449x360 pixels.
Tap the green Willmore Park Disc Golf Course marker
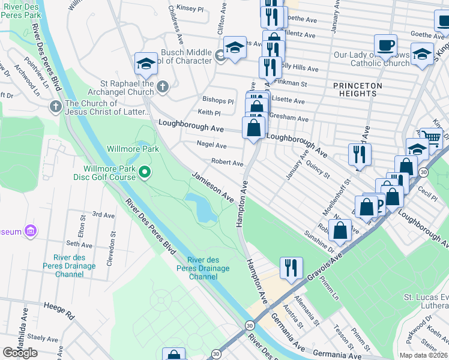(x=144, y=173)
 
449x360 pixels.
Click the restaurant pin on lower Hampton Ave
(x=291, y=268)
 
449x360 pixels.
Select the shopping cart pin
(x=430, y=139)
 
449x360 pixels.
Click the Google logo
(x=20, y=352)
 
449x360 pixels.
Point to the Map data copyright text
(x=423, y=355)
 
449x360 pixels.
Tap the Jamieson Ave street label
(x=212, y=186)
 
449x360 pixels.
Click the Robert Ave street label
(x=227, y=163)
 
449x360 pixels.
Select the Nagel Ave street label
(x=212, y=145)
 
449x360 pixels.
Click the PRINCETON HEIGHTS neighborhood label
(x=358, y=90)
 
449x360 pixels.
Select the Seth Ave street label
(x=79, y=244)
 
